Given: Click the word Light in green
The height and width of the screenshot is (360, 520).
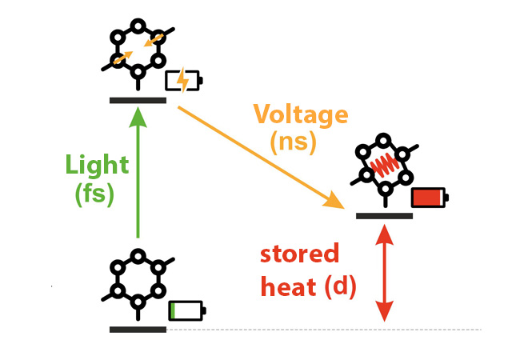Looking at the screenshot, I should pyautogui.click(x=98, y=166).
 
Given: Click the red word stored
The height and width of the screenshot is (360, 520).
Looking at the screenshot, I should pyautogui.click(x=299, y=255).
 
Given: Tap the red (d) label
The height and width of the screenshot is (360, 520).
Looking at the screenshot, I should pyautogui.click(x=340, y=283).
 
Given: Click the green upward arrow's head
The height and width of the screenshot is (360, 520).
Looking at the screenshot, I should pyautogui.click(x=138, y=118).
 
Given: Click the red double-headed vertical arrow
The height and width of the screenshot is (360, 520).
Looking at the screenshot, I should pyautogui.click(x=386, y=273).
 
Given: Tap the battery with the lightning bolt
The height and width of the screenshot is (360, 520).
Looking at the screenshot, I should pyautogui.click(x=183, y=81).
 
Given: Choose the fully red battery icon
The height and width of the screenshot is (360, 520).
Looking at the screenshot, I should pyautogui.click(x=428, y=197).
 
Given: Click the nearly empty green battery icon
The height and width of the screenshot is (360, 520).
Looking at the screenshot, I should pyautogui.click(x=186, y=310).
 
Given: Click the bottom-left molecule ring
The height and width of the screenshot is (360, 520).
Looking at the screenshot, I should pyautogui.click(x=138, y=280).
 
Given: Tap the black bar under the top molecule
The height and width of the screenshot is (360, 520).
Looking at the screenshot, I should pyautogui.click(x=138, y=101).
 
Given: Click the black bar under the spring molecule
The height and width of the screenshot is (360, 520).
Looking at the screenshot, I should pyautogui.click(x=384, y=214).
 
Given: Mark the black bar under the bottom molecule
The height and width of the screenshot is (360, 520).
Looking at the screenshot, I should pyautogui.click(x=138, y=329).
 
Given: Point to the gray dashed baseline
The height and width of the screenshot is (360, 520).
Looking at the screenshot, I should pyautogui.click(x=320, y=329).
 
